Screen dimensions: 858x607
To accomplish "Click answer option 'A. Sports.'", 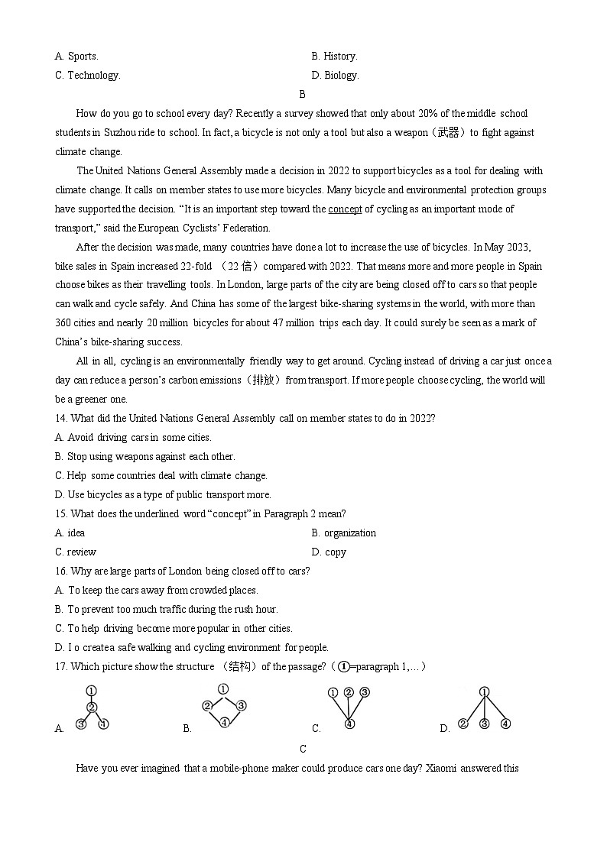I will [76, 56].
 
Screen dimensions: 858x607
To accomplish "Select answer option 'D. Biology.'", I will [335, 75].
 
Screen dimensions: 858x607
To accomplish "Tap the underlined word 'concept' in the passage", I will [345, 209].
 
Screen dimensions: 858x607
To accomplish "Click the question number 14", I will [60, 418].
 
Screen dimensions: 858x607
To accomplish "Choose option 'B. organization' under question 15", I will [343, 533].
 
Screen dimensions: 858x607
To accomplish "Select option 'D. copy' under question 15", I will [329, 552].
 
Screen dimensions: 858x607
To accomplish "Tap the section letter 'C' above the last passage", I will [303, 749].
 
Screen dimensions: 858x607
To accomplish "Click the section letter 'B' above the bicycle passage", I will [302, 94].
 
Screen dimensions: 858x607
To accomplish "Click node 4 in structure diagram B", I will [224, 722].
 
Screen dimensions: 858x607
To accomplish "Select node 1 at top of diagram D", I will [484, 692].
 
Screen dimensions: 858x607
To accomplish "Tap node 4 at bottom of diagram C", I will [349, 724].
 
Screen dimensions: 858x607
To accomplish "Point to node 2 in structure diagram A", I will [91, 707].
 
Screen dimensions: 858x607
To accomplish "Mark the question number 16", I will [60, 571].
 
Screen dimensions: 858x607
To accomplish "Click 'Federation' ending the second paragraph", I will [244, 228].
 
